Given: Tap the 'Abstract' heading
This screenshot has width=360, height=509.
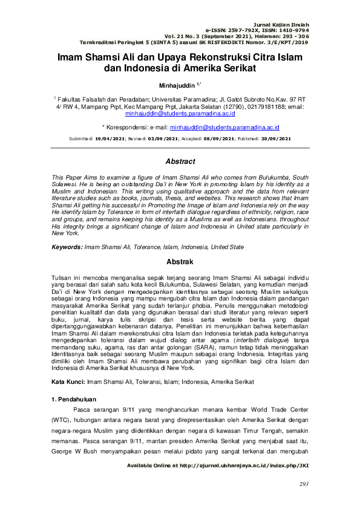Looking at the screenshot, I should [180, 161].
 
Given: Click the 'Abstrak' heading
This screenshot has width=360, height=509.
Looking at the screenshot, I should [180, 262].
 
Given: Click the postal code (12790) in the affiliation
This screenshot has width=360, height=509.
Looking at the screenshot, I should [215, 105].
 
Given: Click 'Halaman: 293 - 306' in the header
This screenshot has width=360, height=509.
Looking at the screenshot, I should [278, 36].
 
